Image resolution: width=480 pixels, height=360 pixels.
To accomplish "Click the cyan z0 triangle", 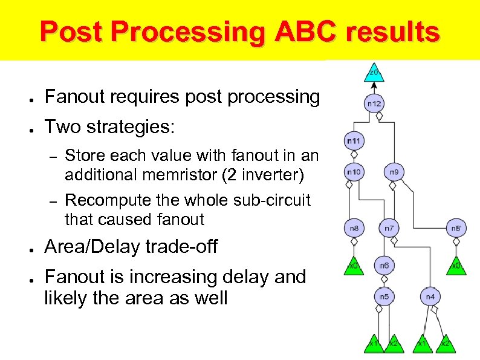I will pyautogui.click(x=374, y=73).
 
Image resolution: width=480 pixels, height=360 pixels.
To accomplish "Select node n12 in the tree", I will pyautogui.click(x=374, y=103).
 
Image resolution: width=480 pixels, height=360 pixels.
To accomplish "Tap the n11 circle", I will pyautogui.click(x=353, y=141).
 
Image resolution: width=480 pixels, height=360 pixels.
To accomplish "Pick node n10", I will pyautogui.click(x=353, y=172).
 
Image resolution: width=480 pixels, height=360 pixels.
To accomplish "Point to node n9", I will pyautogui.click(x=394, y=172).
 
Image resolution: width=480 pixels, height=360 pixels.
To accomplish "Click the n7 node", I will pyautogui.click(x=389, y=228).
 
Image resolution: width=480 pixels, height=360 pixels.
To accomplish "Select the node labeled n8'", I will pyautogui.click(x=456, y=228).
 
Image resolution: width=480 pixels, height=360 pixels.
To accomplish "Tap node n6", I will pyautogui.click(x=384, y=266).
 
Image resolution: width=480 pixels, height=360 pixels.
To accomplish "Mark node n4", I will pyautogui.click(x=430, y=296).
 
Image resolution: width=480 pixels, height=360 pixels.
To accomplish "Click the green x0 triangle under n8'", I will pyautogui.click(x=456, y=265).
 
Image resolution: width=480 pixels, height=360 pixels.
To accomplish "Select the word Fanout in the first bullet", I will pyautogui.click(x=73, y=97).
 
